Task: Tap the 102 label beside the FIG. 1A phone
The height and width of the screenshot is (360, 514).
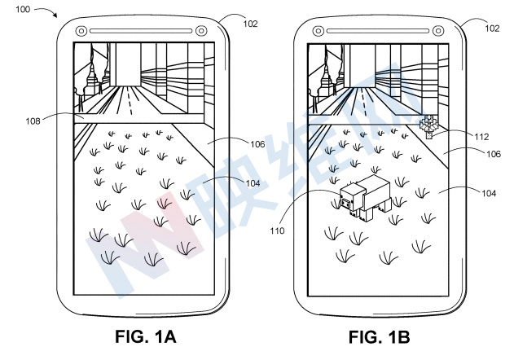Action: pyautogui.click(x=250, y=24)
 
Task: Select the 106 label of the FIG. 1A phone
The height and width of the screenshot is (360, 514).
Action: pyautogui.click(x=257, y=144)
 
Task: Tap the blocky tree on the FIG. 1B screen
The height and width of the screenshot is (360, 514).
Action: pyautogui.click(x=428, y=126)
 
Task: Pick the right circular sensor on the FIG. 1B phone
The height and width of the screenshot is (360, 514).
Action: pyautogui.click(x=439, y=31)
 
